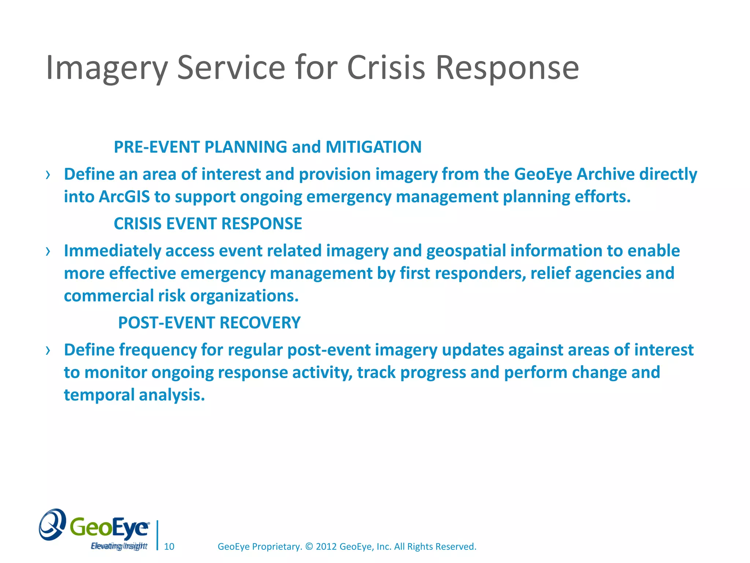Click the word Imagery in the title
[x=107, y=68]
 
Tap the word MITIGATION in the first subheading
[x=374, y=147]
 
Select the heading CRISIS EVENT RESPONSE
[x=208, y=224]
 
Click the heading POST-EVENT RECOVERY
[x=209, y=323]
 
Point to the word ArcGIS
[x=124, y=197]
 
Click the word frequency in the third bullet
[x=158, y=350]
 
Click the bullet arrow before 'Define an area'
[x=48, y=175]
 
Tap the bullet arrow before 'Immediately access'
[x=48, y=251]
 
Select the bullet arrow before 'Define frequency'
[x=48, y=351]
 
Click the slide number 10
[x=169, y=547]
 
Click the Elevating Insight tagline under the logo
[x=119, y=547]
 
